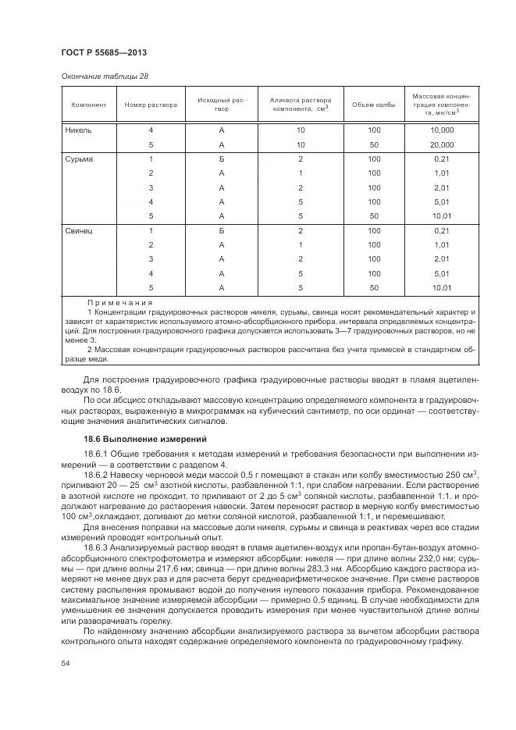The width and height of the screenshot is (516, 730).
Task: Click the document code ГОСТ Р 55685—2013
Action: click(104, 52)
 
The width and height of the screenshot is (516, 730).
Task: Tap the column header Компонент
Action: click(88, 105)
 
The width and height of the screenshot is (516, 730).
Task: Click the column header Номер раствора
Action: click(151, 105)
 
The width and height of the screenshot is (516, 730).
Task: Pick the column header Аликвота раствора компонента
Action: click(301, 105)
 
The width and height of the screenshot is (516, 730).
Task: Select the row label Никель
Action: click(79, 130)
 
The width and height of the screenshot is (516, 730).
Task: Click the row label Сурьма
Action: click(80, 158)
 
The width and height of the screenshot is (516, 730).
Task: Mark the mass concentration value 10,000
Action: click(442, 130)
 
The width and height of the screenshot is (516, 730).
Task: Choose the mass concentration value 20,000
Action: click(442, 144)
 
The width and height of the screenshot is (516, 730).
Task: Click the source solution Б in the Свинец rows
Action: click(222, 231)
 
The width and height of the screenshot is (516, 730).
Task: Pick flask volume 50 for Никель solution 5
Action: click(374, 144)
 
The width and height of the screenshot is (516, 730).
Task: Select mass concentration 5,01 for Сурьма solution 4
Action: click(442, 201)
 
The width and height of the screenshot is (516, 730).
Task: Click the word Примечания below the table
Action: click(120, 302)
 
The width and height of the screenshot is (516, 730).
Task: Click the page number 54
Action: click(66, 663)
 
